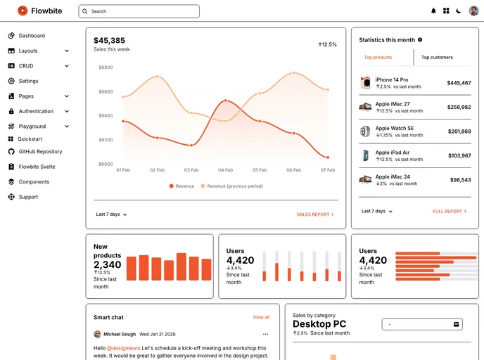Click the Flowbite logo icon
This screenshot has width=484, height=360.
(23, 11)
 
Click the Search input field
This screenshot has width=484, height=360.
(139, 11)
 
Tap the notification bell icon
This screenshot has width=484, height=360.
(433, 11)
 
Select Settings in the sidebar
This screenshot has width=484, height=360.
(28, 81)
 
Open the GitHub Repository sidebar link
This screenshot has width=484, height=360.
(40, 152)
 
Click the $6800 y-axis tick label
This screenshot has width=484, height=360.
(106, 67)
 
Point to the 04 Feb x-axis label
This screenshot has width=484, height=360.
(225, 170)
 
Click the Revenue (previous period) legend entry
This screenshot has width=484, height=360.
(234, 186)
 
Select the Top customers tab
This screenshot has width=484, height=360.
(437, 58)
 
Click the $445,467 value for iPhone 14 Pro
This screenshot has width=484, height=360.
(459, 83)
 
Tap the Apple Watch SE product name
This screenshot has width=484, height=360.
(394, 128)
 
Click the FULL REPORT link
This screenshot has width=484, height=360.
(450, 212)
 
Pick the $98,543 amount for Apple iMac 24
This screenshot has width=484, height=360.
(460, 180)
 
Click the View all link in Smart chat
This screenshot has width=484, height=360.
(261, 318)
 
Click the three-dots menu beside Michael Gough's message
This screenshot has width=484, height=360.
(265, 334)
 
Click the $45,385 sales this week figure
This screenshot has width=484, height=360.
(109, 41)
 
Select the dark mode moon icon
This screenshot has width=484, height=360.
(459, 11)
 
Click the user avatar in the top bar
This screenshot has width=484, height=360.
(473, 11)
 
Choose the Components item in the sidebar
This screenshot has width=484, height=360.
(34, 182)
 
